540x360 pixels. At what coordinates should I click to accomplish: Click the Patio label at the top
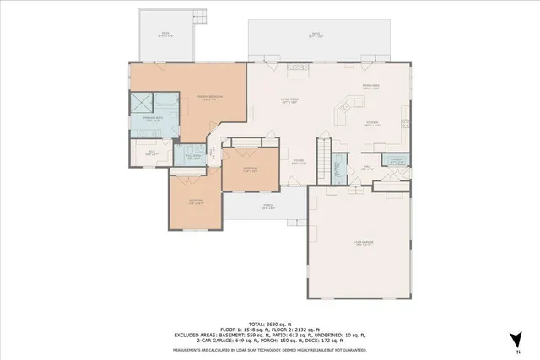pyautogui.click(x=316, y=35)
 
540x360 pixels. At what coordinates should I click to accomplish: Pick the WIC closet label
pyautogui.click(x=152, y=154)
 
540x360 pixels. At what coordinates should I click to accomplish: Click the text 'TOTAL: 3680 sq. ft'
pyautogui.click(x=270, y=324)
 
